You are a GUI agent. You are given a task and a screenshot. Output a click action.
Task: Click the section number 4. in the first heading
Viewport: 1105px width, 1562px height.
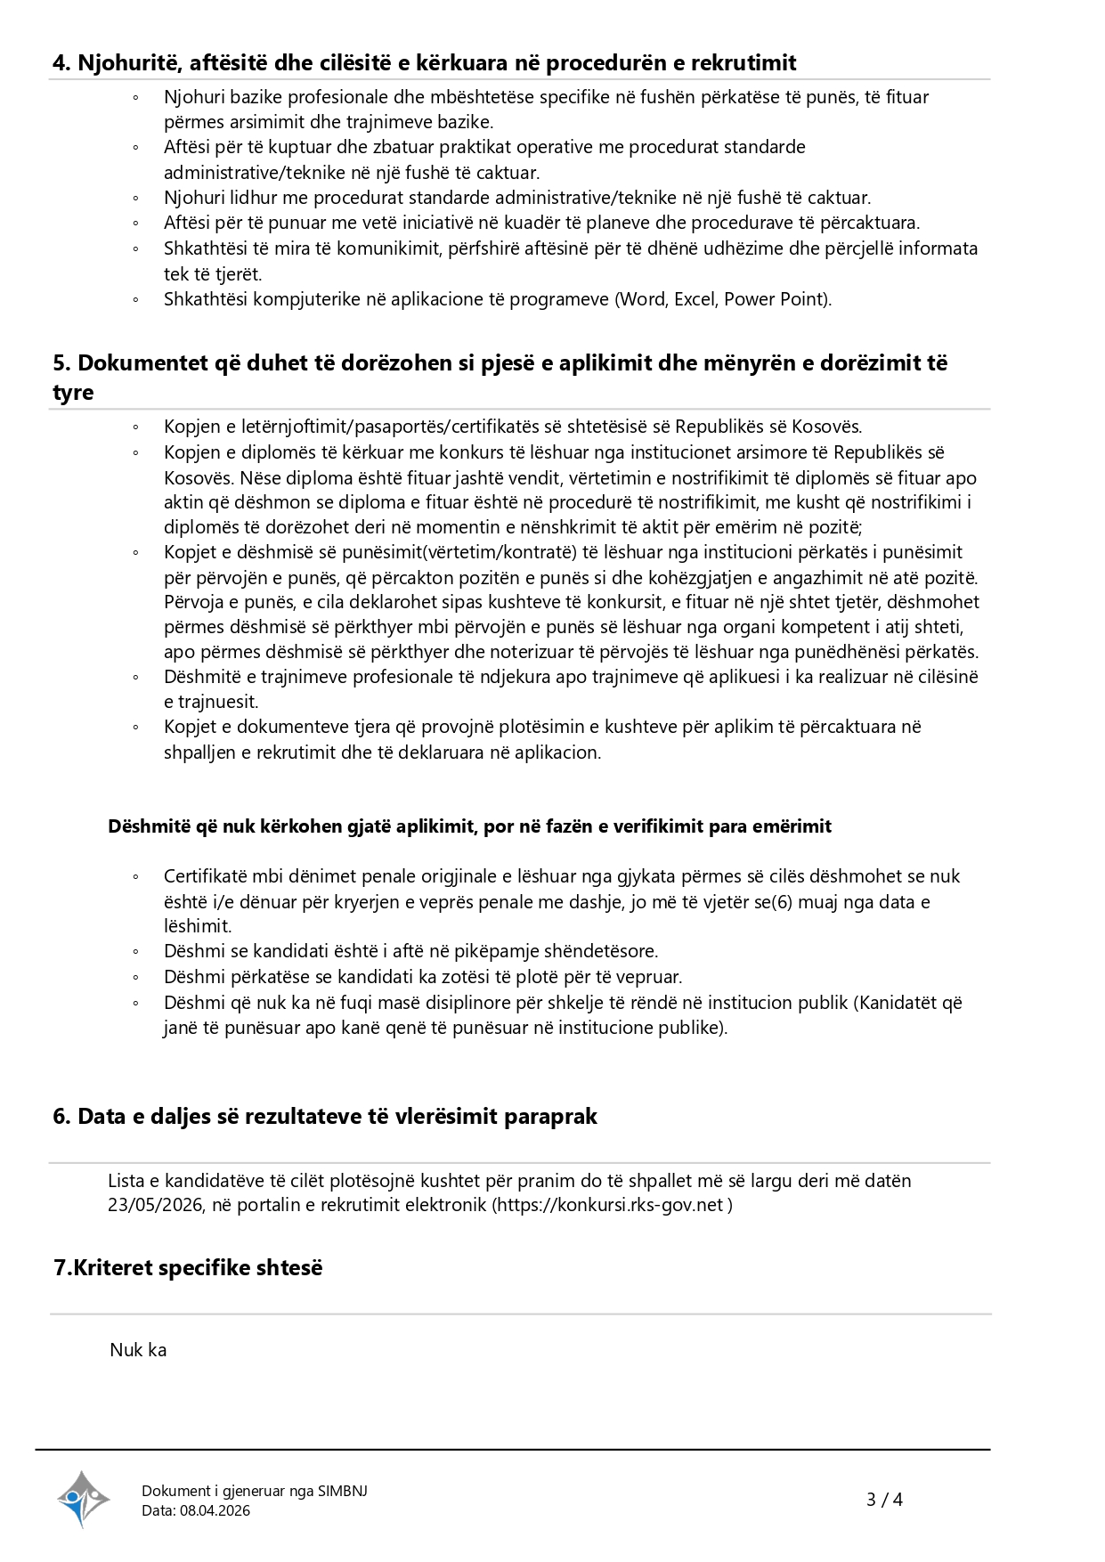tap(63, 63)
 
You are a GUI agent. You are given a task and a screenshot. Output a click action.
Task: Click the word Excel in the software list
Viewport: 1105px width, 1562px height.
tap(695, 299)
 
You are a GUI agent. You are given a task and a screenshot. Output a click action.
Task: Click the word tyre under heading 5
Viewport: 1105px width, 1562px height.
tap(73, 393)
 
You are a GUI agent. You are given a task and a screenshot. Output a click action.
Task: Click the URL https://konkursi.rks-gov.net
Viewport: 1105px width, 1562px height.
tap(612, 1206)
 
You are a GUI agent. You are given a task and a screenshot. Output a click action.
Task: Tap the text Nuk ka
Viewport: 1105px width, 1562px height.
tap(138, 1350)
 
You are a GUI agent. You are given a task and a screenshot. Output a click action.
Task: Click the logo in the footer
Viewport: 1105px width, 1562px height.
tap(84, 1499)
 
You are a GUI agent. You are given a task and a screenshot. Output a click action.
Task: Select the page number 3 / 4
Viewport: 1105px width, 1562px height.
tap(884, 1500)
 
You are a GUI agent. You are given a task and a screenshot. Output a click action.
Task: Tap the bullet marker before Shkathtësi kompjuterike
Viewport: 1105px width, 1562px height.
tap(135, 300)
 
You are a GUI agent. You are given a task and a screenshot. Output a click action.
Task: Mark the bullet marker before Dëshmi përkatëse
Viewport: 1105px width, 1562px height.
tap(135, 978)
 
